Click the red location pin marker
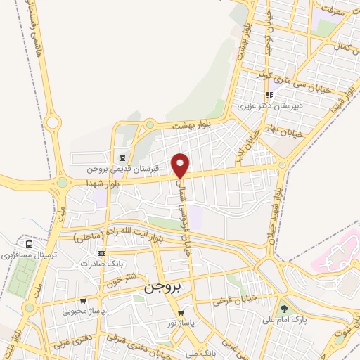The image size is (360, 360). (181, 165)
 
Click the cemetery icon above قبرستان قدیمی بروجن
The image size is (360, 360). (123, 157)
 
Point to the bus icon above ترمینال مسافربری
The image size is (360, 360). (28, 245)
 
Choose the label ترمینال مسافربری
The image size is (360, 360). (28, 256)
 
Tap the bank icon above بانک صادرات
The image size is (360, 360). (102, 252)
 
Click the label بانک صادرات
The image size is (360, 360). (97, 264)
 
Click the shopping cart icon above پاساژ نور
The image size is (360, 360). (181, 312)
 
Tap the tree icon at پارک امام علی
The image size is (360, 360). (284, 308)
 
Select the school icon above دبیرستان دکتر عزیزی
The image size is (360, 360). (269, 96)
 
